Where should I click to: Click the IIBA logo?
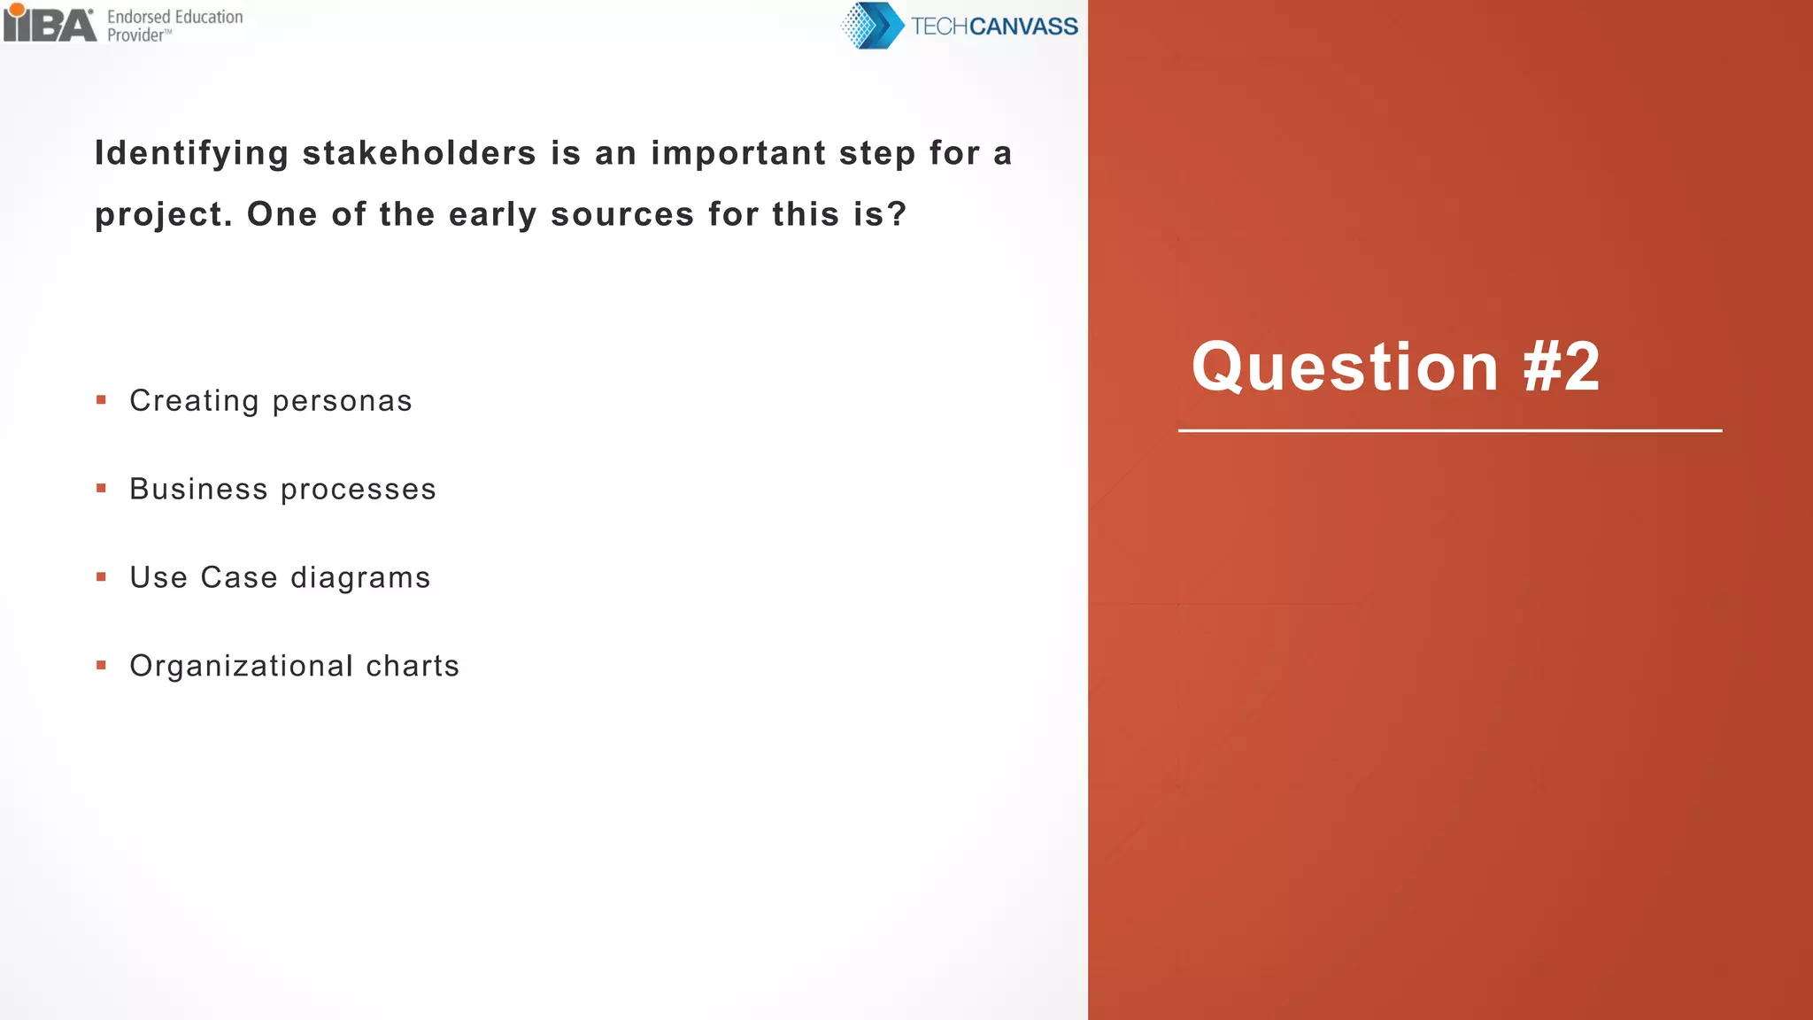(50, 24)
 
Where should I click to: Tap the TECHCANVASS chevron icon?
(872, 26)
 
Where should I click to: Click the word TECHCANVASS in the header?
(994, 27)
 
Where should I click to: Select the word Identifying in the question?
(191, 154)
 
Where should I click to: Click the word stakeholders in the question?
(419, 153)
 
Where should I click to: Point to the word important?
(738, 154)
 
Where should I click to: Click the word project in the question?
(158, 215)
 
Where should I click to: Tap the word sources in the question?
(622, 214)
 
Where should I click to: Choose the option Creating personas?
(271, 401)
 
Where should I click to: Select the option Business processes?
(282, 489)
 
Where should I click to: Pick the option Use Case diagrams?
(280, 577)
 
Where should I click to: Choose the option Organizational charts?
(294, 666)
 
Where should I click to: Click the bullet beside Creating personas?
(102, 400)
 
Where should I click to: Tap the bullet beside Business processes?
(102, 488)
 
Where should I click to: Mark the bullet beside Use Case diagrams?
(102, 576)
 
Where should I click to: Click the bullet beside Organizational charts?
(102, 665)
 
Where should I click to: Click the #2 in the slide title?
(1562, 367)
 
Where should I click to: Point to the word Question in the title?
(1345, 367)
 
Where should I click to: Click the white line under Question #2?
(1450, 431)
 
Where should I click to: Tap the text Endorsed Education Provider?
(174, 26)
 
